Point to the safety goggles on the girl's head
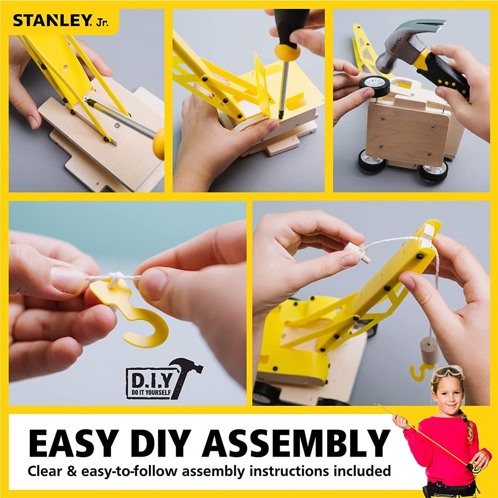448,372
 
